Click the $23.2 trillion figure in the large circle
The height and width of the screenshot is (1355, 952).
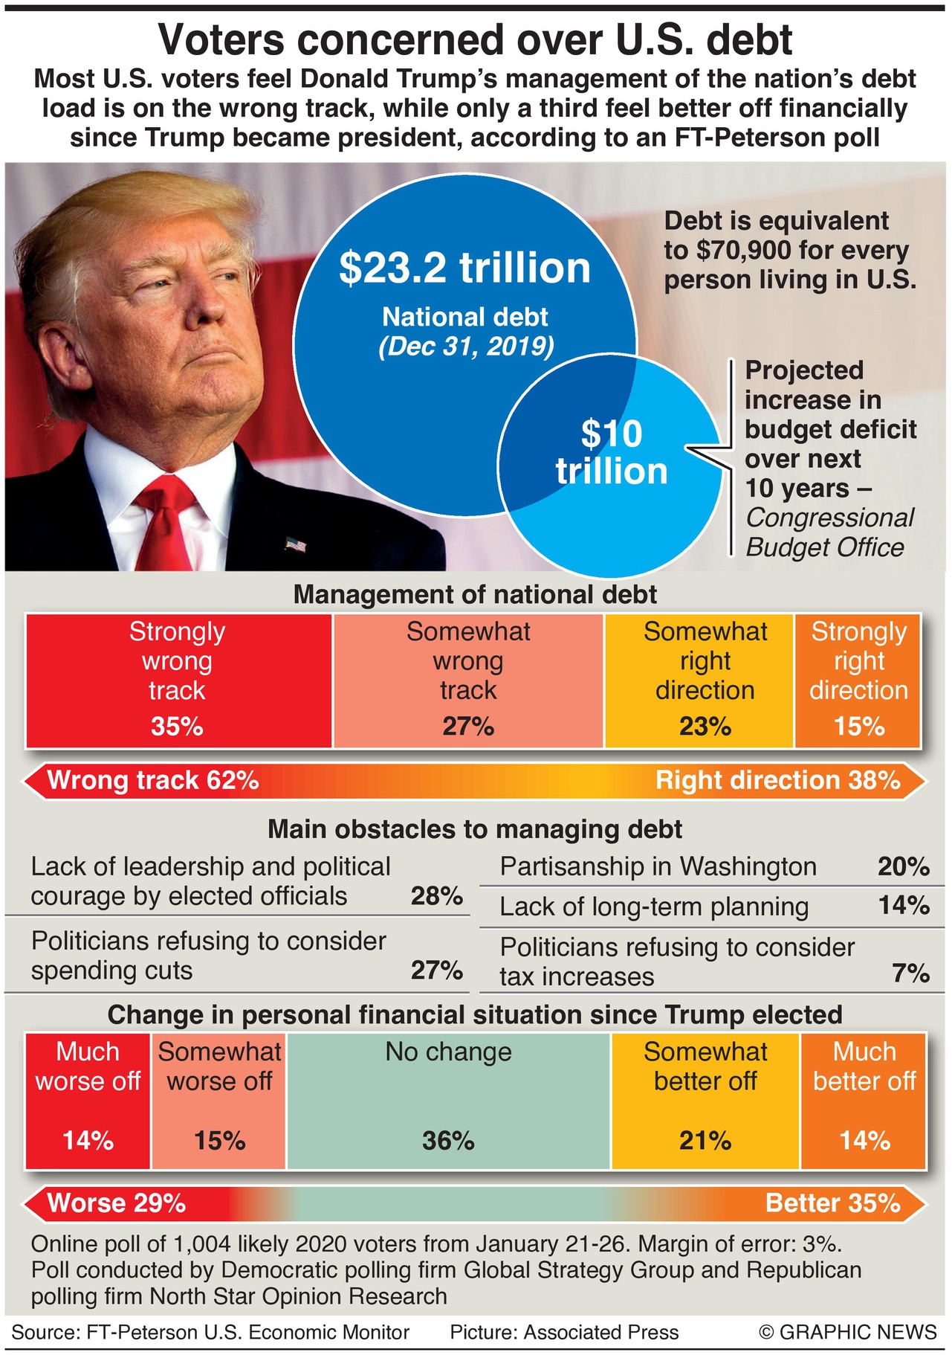tap(464, 268)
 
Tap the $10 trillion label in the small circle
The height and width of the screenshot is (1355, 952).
tap(612, 453)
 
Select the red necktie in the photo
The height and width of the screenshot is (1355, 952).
tap(166, 521)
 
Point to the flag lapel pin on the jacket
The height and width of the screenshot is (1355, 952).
tap(296, 545)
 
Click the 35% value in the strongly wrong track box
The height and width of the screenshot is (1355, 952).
tap(177, 727)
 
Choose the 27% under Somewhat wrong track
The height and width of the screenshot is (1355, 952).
tap(468, 727)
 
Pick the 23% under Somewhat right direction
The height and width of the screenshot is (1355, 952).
tap(705, 727)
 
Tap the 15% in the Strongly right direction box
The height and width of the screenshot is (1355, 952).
tap(859, 727)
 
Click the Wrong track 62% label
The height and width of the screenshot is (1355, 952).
tap(153, 780)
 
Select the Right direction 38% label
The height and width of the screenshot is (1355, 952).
tap(778, 780)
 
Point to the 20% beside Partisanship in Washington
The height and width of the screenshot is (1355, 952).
tap(904, 866)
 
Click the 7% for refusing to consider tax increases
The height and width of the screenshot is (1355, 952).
tap(911, 973)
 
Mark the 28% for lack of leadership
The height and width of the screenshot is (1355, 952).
tap(437, 896)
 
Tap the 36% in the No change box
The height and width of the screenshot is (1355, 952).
tap(448, 1141)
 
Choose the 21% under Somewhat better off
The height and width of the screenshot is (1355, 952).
tap(705, 1141)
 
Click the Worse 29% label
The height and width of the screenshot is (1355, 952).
tap(117, 1203)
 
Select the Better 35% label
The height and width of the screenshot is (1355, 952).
tap(833, 1203)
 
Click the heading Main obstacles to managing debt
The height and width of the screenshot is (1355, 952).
tap(475, 829)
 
